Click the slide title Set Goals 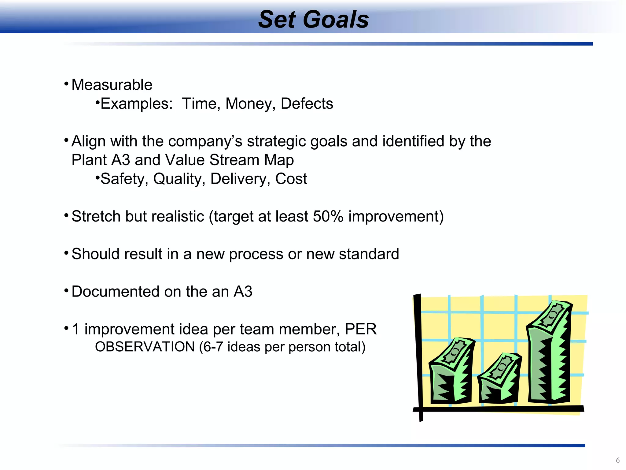click(x=313, y=20)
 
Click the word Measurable click(x=112, y=85)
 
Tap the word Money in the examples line click(x=248, y=104)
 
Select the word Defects click(x=307, y=104)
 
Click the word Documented click(x=115, y=292)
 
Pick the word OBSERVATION click(x=145, y=347)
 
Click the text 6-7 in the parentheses click(x=213, y=347)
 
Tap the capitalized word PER click(x=360, y=329)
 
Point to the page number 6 click(x=617, y=460)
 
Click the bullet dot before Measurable click(x=66, y=84)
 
